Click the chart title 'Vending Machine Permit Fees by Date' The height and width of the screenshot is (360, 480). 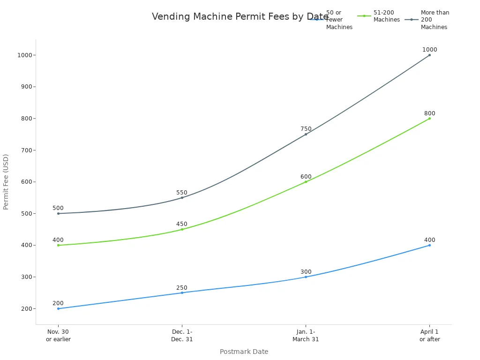pos(240,17)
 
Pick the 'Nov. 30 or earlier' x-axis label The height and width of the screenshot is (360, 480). pos(58,336)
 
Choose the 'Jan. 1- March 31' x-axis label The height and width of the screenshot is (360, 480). pos(306,336)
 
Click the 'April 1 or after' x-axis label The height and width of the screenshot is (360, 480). pos(429,336)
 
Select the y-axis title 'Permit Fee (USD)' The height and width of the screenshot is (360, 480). pos(6,182)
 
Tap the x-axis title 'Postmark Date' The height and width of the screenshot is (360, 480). pos(244,352)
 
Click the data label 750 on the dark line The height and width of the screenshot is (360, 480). pos(306,129)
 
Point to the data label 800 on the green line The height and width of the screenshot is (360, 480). pos(429,113)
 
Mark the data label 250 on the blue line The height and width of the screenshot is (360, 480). pos(182,288)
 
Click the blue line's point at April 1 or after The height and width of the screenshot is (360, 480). pos(429,245)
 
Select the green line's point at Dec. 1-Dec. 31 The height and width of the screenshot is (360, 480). pos(182,229)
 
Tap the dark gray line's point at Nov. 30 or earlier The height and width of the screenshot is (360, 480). pos(58,214)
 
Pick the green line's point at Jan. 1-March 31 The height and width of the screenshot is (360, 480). pos(306,182)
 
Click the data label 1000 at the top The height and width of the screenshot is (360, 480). pos(429,50)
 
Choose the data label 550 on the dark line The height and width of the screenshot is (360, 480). pos(182,193)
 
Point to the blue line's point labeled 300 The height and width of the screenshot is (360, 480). pos(306,277)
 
